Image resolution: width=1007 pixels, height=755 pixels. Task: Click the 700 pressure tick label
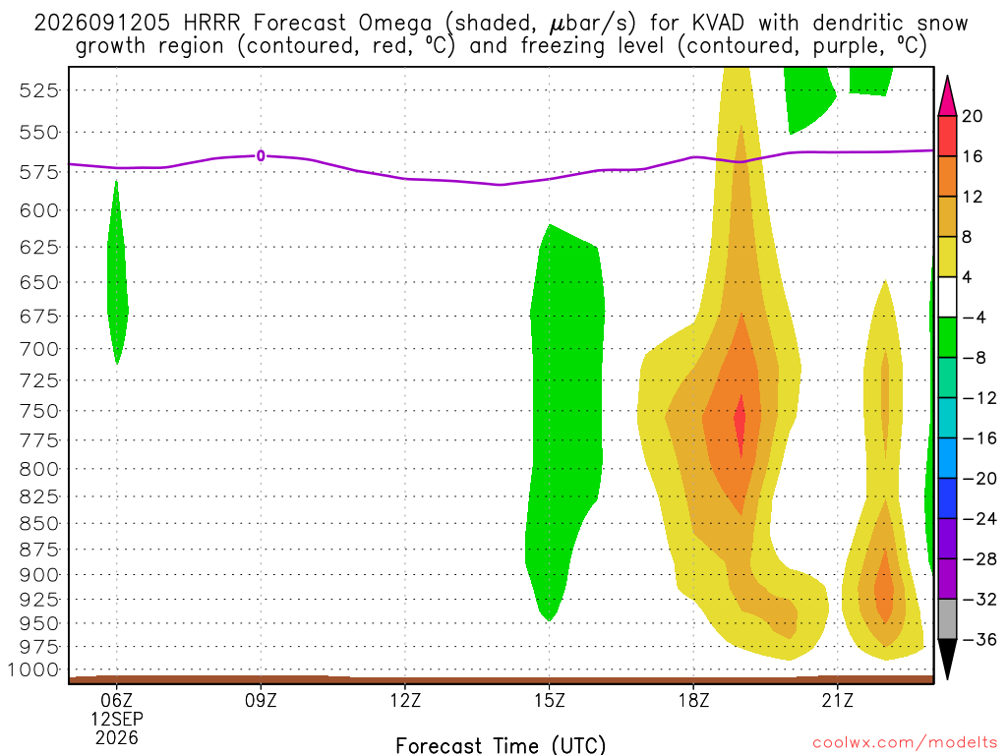pyautogui.click(x=39, y=349)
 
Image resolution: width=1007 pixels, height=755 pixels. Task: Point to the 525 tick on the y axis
pyautogui.click(x=39, y=90)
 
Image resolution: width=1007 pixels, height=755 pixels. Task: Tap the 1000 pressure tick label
pyautogui.click(x=33, y=670)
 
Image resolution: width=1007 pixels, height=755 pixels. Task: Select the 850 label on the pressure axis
pyautogui.click(x=39, y=524)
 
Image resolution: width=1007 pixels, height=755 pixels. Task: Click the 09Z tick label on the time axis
pyautogui.click(x=261, y=700)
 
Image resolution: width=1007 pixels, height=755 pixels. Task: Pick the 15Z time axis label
pyautogui.click(x=550, y=700)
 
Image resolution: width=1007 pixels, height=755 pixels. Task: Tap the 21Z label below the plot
pyautogui.click(x=838, y=700)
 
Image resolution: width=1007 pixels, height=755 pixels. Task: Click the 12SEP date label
pyautogui.click(x=116, y=719)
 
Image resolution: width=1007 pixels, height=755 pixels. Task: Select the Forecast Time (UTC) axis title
pyautogui.click(x=501, y=745)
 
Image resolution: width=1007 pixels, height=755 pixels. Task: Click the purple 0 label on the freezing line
pyautogui.click(x=261, y=156)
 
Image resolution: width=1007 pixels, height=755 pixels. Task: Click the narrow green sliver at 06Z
pyautogui.click(x=117, y=273)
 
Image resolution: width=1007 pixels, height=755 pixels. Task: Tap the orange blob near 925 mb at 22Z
pyautogui.click(x=884, y=586)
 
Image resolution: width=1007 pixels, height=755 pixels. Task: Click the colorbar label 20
pyautogui.click(x=973, y=116)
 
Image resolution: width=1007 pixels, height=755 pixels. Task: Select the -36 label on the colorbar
pyautogui.click(x=979, y=639)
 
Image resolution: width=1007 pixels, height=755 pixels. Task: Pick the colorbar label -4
pyautogui.click(x=975, y=318)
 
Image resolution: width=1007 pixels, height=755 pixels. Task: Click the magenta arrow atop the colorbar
pyautogui.click(x=947, y=95)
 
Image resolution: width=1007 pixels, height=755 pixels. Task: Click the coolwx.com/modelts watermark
pyautogui.click(x=905, y=743)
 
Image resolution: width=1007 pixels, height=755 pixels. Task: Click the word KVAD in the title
pyautogui.click(x=718, y=24)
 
